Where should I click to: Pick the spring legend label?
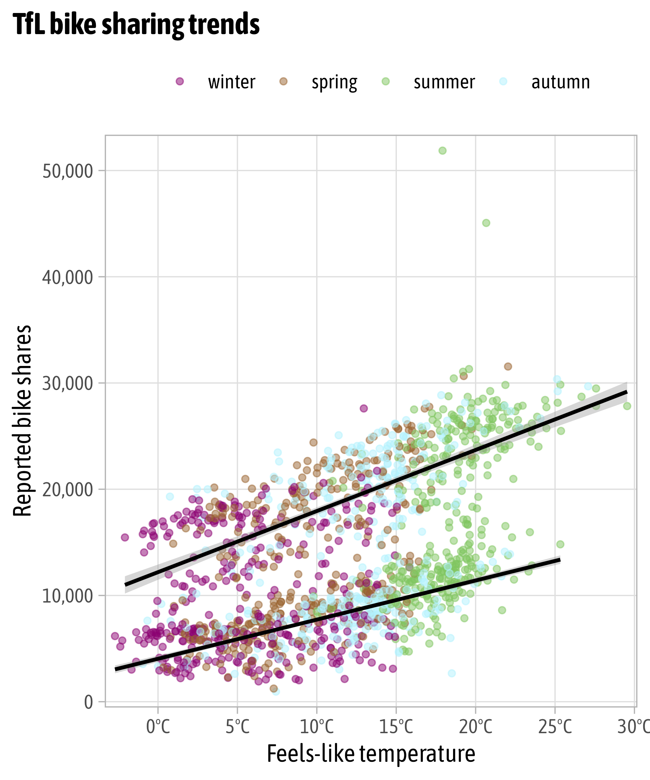(x=334, y=82)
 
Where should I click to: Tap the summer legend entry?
(x=444, y=82)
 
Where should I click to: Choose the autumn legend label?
(x=561, y=82)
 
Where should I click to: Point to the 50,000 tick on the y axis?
(x=67, y=171)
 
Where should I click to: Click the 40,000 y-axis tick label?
(x=67, y=278)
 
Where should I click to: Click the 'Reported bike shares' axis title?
(x=22, y=421)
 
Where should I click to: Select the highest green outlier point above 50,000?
(x=442, y=150)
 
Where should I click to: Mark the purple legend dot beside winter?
(x=180, y=81)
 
